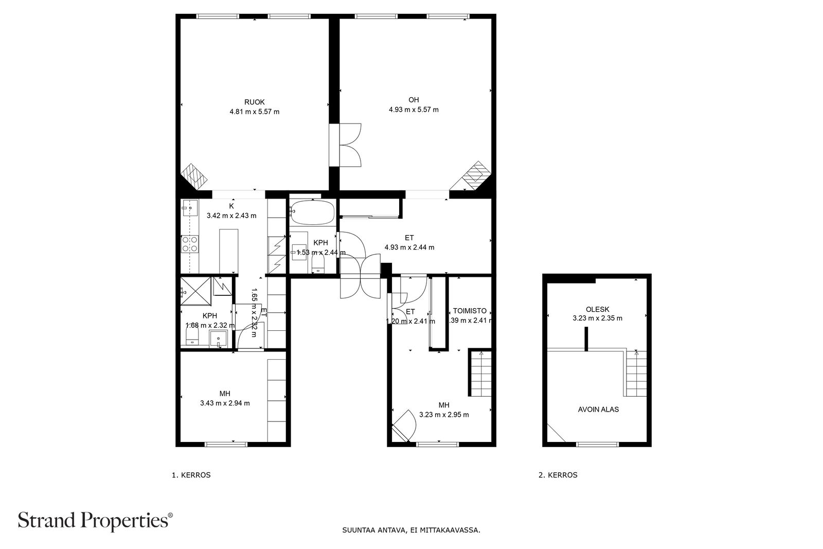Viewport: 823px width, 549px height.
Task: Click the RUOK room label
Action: pyautogui.click(x=254, y=102)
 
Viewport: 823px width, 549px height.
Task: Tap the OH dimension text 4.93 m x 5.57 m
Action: pyautogui.click(x=414, y=110)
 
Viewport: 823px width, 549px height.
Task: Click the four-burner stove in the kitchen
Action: pyautogui.click(x=189, y=243)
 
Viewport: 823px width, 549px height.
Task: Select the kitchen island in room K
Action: pyautogui.click(x=229, y=251)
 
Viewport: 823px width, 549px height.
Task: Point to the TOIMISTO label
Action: pyautogui.click(x=470, y=311)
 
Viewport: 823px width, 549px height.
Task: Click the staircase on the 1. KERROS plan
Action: pyautogui.click(x=479, y=373)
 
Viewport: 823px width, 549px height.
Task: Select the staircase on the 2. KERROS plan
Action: pyautogui.click(x=636, y=373)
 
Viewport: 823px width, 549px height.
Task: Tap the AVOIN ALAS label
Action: pyautogui.click(x=598, y=410)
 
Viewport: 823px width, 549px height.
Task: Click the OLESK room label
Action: pyautogui.click(x=597, y=309)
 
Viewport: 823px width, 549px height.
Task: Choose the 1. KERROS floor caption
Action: pyautogui.click(x=191, y=475)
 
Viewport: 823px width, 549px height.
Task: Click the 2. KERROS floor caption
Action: pyautogui.click(x=558, y=475)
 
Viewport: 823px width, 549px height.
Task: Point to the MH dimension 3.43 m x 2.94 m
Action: pyautogui.click(x=225, y=403)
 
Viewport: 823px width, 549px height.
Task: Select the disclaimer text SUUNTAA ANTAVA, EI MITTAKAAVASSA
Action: pyautogui.click(x=411, y=529)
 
